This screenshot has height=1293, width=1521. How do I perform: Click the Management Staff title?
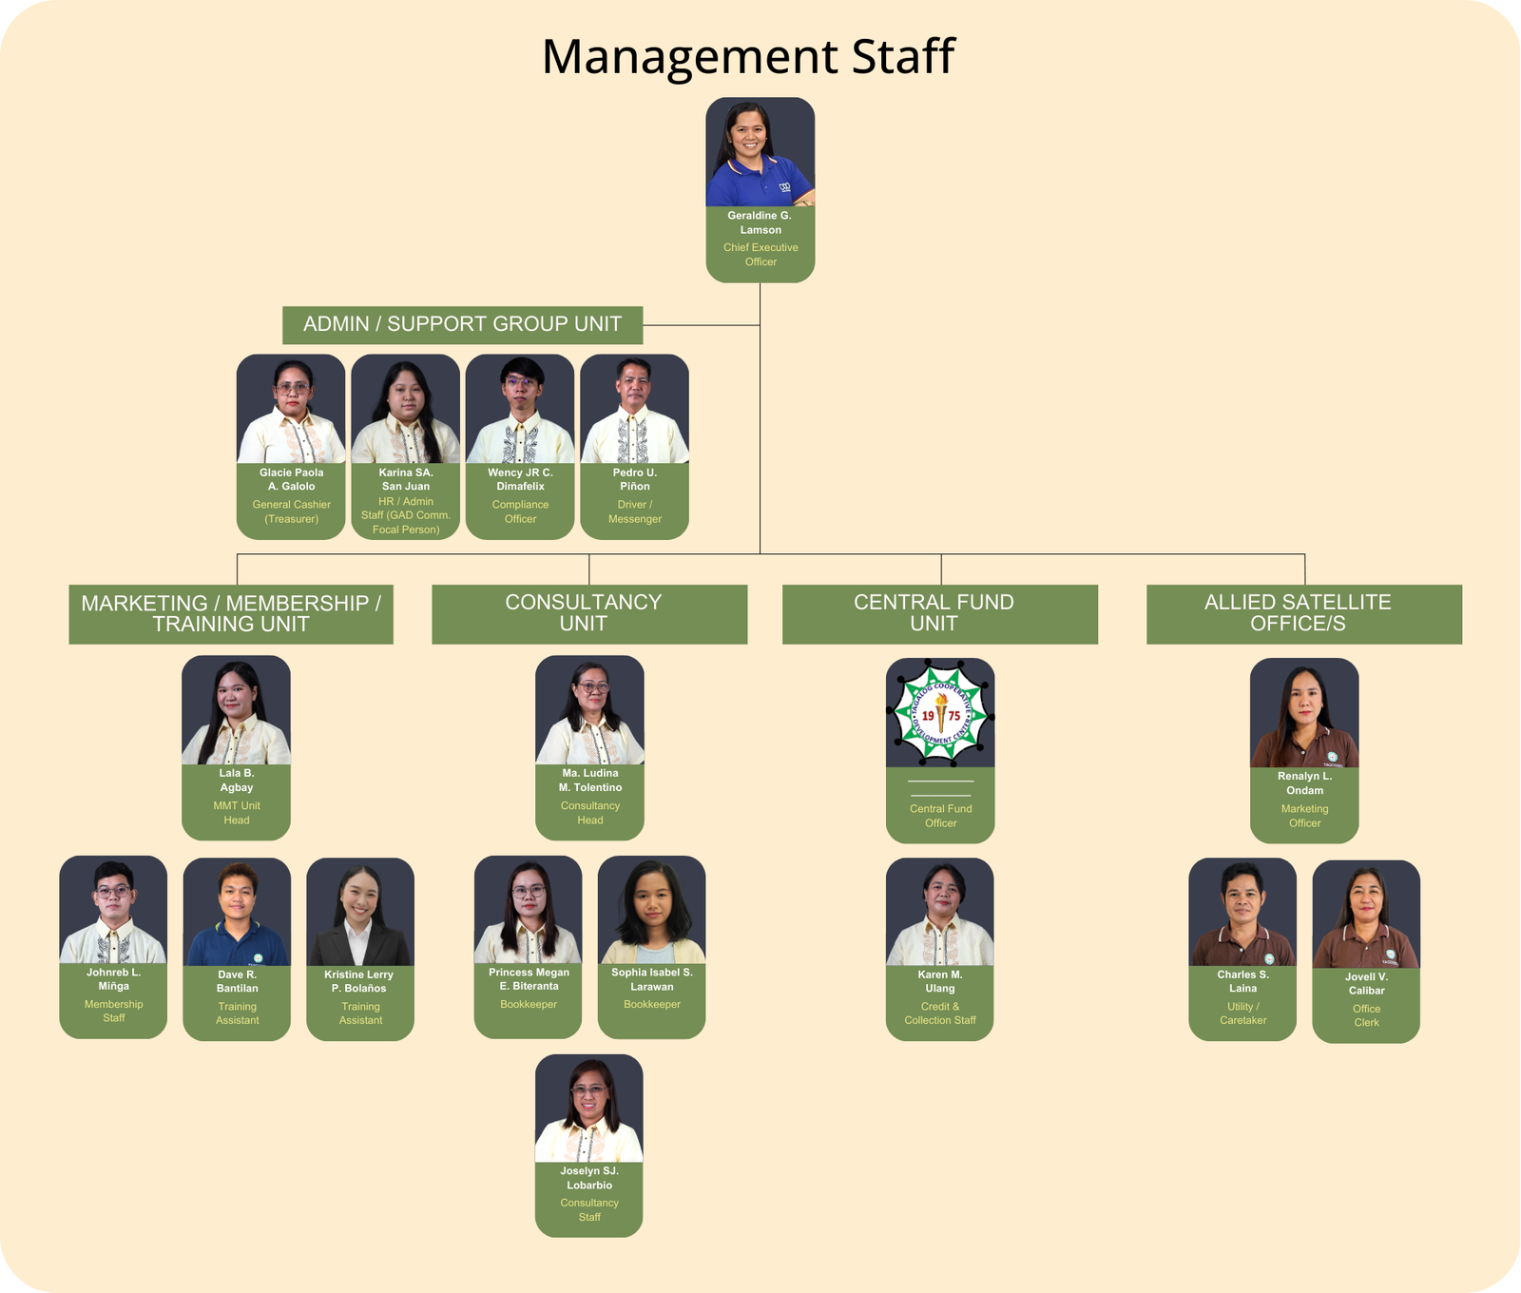coord(747,57)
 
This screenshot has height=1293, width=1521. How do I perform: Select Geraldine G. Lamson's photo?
coord(760,152)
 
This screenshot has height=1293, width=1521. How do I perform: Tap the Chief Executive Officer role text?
coord(760,255)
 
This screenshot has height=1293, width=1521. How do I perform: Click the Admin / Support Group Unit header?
coord(462,324)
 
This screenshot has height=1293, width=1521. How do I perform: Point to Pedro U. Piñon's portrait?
coord(634,410)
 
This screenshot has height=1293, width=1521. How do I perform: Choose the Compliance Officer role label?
coord(520,511)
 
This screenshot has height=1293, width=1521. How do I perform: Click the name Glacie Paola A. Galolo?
coord(291,479)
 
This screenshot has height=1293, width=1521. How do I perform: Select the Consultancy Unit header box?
coord(589,613)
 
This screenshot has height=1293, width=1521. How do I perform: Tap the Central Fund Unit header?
coord(939,613)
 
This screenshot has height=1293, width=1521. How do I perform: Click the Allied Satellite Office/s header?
coord(1303,613)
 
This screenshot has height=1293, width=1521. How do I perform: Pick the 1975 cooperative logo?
coord(940,713)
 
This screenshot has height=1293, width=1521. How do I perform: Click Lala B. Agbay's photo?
coord(236,710)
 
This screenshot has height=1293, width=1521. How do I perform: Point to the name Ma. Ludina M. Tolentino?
coord(589,781)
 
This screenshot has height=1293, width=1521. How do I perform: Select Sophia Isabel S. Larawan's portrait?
coord(651,910)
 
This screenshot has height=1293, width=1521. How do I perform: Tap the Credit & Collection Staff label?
coord(939,1013)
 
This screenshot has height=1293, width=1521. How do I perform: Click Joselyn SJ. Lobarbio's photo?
coord(588,1109)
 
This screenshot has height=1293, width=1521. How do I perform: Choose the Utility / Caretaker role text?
coord(1242,1013)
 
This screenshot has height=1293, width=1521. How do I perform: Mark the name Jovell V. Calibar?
coord(1366,984)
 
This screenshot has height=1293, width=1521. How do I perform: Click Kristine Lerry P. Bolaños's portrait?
coord(360,913)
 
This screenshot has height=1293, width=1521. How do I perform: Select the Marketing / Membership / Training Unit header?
coord(231,613)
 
